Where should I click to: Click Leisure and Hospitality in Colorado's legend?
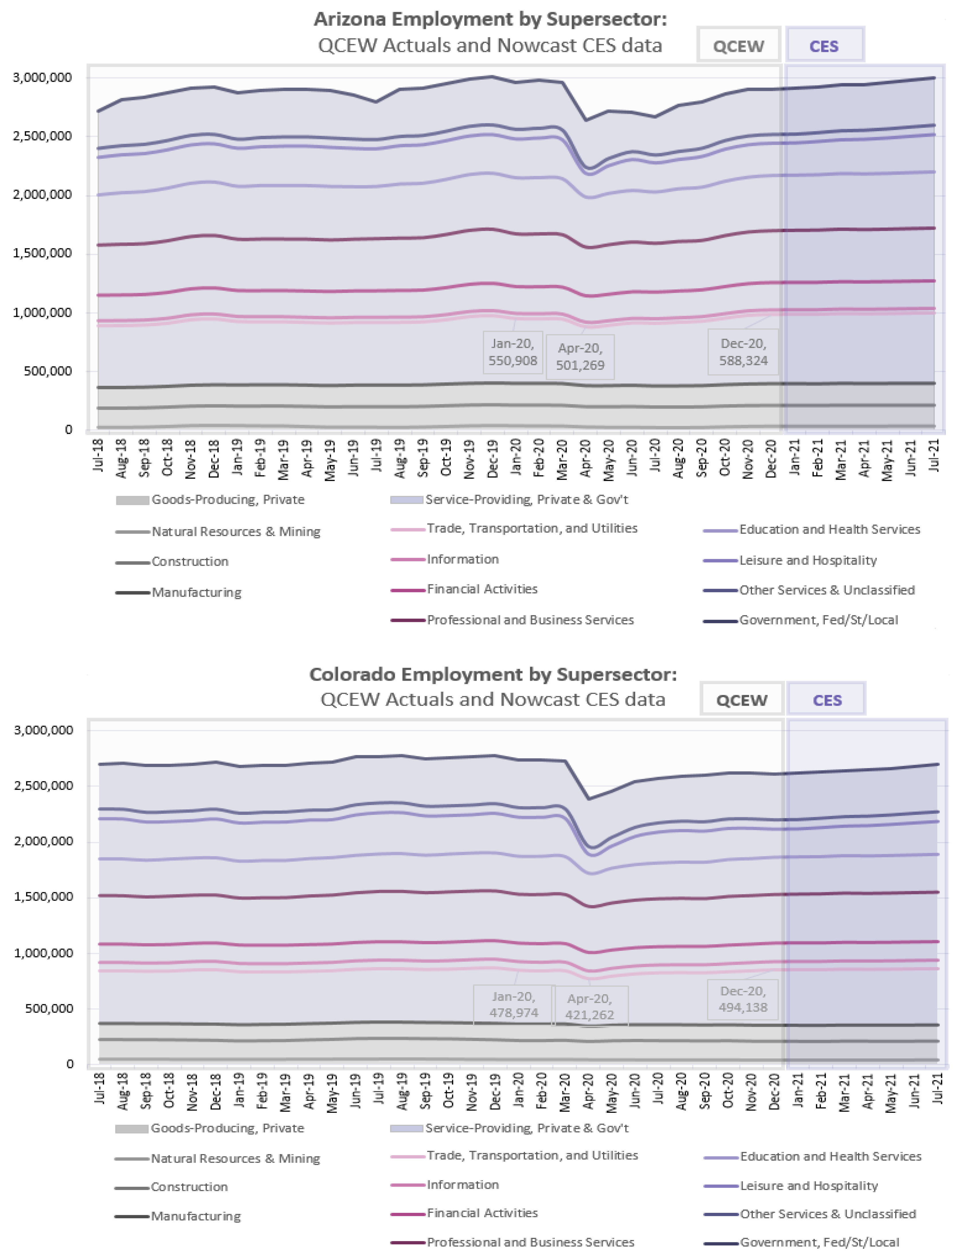click(x=809, y=1186)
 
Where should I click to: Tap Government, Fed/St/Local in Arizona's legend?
click(x=819, y=620)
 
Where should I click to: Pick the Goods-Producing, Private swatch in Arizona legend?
click(x=132, y=500)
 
